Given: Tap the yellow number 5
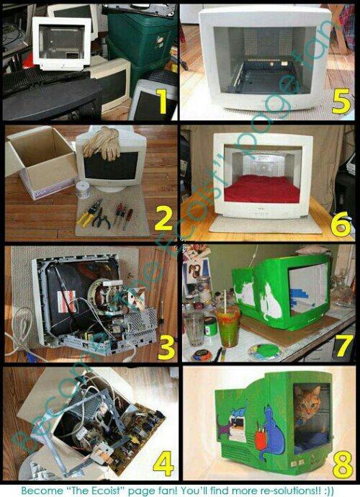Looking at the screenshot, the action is [x=341, y=101].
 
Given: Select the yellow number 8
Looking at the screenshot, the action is [x=342, y=465].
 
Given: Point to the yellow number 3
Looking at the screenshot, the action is [x=166, y=348].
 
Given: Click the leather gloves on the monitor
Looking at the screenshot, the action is [x=102, y=143].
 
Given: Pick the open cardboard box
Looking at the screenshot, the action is [x=40, y=161].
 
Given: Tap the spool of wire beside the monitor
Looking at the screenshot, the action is [x=84, y=189].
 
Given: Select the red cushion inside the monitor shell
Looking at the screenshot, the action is [x=262, y=189].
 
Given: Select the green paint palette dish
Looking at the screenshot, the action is [x=265, y=352].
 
